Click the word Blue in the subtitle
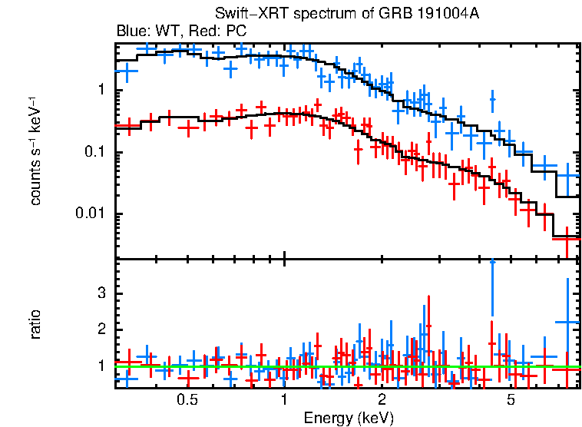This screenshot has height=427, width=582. click(131, 31)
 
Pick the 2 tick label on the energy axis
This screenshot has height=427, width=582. click(382, 400)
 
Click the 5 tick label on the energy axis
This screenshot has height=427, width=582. click(511, 400)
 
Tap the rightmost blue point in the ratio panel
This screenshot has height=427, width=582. click(567, 323)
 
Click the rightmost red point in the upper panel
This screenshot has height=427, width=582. click(567, 238)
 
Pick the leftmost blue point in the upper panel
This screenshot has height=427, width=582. click(126, 71)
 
